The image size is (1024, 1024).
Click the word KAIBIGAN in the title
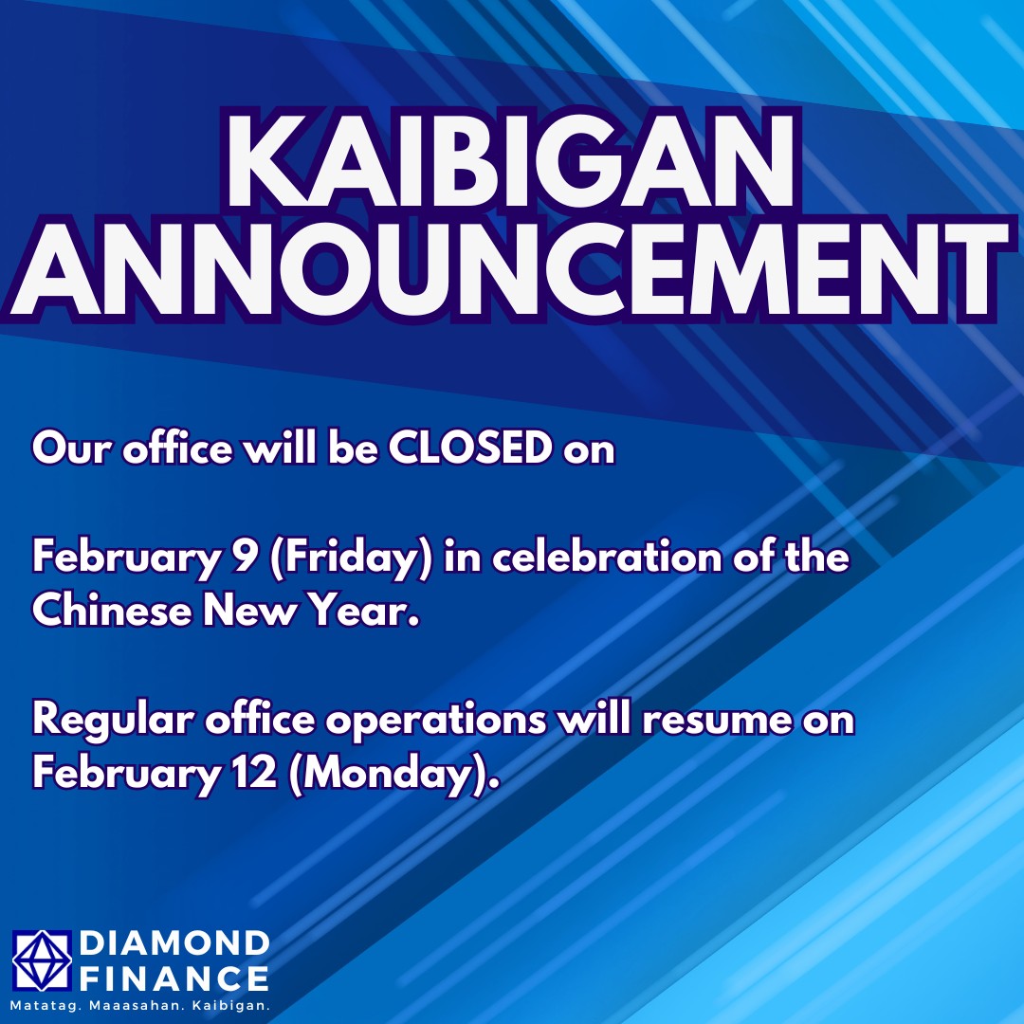[x=511, y=159]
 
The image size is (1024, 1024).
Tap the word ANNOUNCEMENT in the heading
[x=510, y=269]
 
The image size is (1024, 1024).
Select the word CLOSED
[x=471, y=448]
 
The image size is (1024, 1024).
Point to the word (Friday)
[x=351, y=558]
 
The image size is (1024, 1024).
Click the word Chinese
[x=112, y=610]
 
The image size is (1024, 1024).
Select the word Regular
[x=113, y=721]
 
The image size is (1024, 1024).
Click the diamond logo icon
[x=42, y=960]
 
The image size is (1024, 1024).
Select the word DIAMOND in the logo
[x=174, y=943]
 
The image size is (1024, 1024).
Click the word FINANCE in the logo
[x=174, y=978]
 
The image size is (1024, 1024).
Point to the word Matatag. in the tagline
[x=45, y=1006]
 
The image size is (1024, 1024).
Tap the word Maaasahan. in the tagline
[x=137, y=1006]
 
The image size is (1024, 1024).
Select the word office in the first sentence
[x=177, y=448]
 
